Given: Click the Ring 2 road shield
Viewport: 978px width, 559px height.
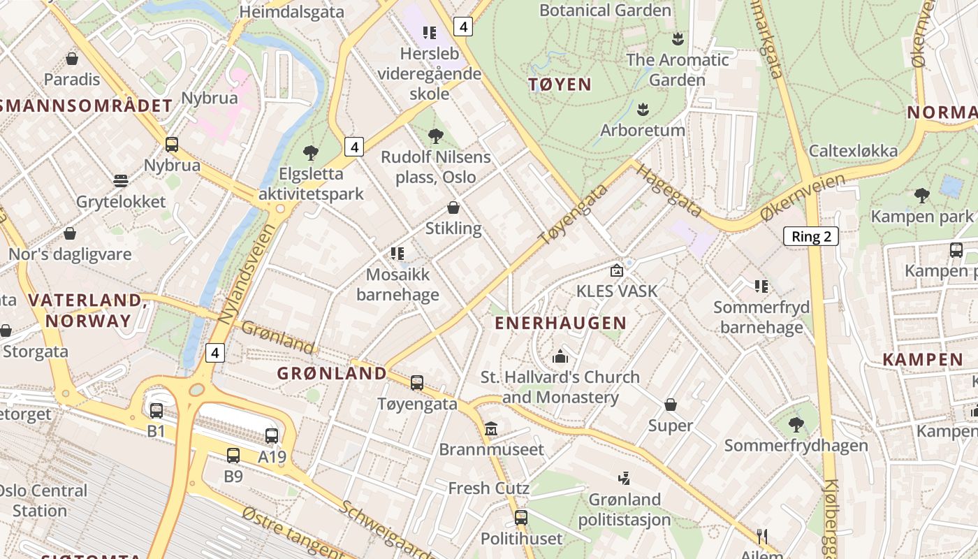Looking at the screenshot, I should pyautogui.click(x=810, y=236).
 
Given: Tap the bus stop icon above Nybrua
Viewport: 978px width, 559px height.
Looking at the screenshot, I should pyautogui.click(x=171, y=145).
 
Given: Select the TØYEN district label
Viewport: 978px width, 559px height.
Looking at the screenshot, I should pyautogui.click(x=560, y=85).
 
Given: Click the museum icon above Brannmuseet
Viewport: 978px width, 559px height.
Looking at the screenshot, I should pyautogui.click(x=491, y=428).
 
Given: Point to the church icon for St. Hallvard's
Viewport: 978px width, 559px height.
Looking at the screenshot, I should pyautogui.click(x=560, y=356).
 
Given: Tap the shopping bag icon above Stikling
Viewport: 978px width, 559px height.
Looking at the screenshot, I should pyautogui.click(x=453, y=208).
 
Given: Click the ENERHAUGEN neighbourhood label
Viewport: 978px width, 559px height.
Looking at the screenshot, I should pyautogui.click(x=560, y=323).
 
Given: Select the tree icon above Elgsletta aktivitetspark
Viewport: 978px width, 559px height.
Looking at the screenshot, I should pyautogui.click(x=311, y=152).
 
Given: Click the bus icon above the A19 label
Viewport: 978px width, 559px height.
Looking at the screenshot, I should pyautogui.click(x=272, y=435).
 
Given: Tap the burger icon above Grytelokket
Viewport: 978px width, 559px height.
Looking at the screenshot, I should pyautogui.click(x=121, y=181).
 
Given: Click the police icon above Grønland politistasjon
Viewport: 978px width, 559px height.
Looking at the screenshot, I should pyautogui.click(x=624, y=479).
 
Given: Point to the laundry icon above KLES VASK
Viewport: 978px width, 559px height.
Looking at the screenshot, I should pyautogui.click(x=616, y=270).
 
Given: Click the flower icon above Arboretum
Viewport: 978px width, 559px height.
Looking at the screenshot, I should pyautogui.click(x=643, y=109).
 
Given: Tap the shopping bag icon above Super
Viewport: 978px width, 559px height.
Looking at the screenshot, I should pyautogui.click(x=670, y=405).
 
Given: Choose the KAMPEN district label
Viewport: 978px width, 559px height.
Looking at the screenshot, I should pyautogui.click(x=922, y=360).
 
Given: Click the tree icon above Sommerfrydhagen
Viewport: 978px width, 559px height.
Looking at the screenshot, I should pyautogui.click(x=795, y=424).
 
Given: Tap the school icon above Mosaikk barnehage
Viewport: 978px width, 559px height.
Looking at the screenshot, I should pyautogui.click(x=397, y=253).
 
